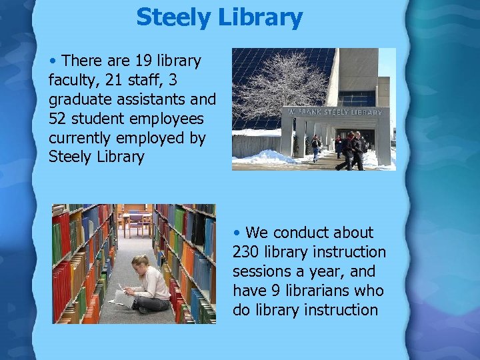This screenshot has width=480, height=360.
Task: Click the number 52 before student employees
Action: (x=59, y=119)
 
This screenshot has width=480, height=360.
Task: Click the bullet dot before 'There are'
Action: (x=53, y=61)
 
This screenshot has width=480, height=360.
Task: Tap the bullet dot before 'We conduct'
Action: (x=237, y=233)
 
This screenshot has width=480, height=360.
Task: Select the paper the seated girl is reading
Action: (x=124, y=297)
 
